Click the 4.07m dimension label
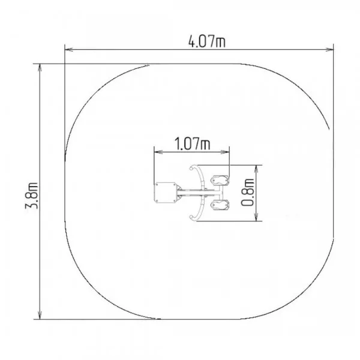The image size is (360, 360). point(207,41)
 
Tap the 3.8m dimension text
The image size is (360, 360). point(31,196)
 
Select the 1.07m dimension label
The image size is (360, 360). point(193,144)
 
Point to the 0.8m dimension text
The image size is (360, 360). point(248,193)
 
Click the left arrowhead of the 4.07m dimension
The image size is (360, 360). point(69,50)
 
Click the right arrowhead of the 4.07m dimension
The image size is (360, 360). point(329,50)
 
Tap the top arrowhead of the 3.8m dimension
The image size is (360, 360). point(40,68)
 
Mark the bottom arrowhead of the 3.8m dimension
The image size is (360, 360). point(40,315)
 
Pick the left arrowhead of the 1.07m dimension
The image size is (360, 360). point(158,152)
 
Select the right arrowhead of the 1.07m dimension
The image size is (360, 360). point(225,152)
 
